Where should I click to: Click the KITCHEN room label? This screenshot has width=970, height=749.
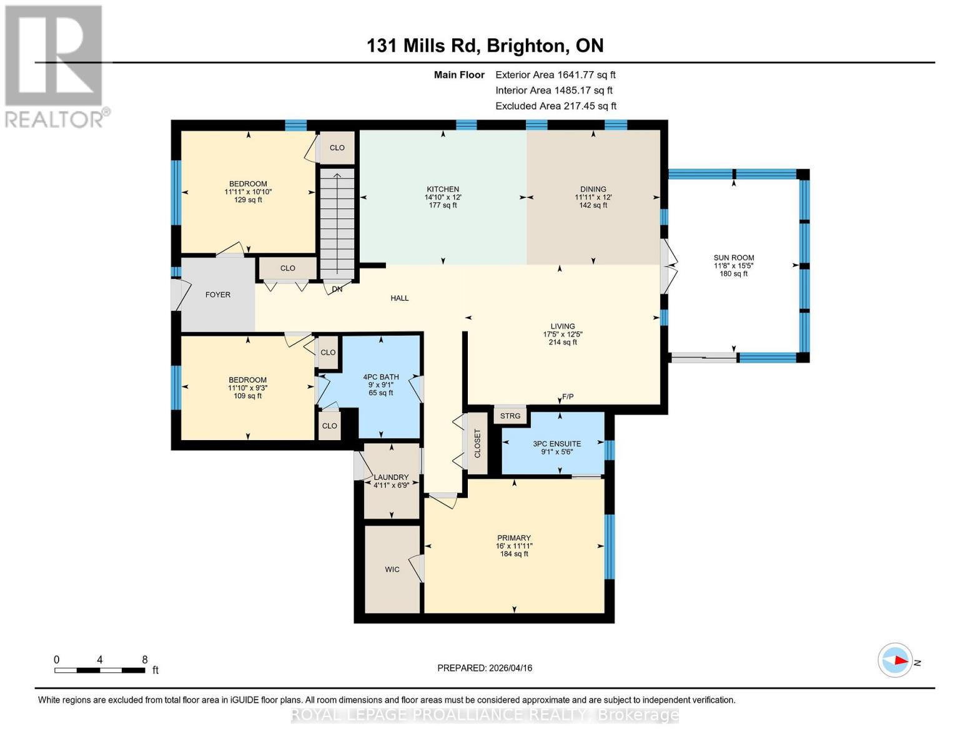443,189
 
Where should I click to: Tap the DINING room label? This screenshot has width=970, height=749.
593,189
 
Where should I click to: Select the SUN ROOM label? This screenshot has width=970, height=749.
734,257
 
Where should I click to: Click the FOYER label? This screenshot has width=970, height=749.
218,295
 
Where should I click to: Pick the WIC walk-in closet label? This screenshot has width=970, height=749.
392,569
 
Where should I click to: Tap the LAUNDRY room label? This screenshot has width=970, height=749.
391,477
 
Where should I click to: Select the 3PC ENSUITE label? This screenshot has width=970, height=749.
557,444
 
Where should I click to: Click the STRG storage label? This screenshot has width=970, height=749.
510,416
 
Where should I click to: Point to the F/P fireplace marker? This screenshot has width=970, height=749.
567,397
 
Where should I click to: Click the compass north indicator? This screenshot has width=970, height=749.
896,660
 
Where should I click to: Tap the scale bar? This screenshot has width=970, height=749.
100,670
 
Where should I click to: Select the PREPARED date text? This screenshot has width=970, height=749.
485,668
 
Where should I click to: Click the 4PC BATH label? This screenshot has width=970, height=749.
381,377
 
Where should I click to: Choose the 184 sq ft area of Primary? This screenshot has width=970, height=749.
514,554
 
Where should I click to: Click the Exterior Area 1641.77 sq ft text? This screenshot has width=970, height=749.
555,75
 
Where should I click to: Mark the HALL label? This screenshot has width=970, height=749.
400,298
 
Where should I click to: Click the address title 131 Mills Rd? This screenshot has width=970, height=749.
485,46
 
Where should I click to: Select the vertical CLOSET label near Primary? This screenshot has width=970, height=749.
478,444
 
